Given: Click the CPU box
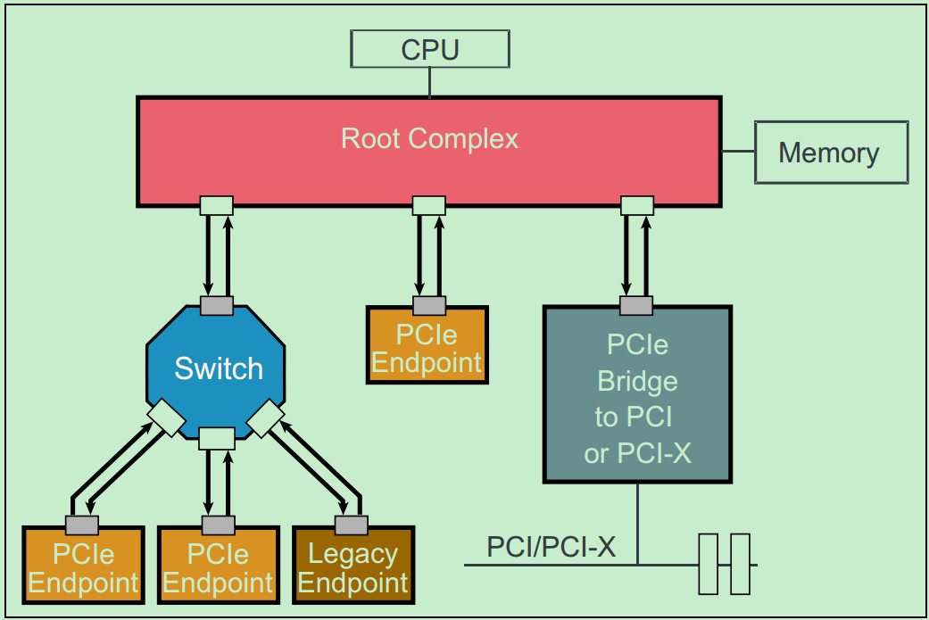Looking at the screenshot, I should [430, 49].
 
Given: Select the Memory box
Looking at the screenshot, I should [831, 153].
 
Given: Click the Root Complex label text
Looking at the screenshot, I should [429, 139].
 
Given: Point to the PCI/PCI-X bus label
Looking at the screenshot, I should [551, 547].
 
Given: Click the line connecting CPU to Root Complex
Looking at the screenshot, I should [430, 83].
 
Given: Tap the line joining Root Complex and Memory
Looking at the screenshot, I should [738, 152].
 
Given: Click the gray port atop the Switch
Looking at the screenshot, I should [217, 306].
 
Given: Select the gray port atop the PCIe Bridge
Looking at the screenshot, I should [636, 306].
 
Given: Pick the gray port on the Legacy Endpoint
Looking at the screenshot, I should [351, 525].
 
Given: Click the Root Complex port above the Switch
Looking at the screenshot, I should [216, 205].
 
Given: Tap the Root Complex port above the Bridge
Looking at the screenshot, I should [637, 205].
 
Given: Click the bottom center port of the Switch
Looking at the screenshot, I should [217, 438].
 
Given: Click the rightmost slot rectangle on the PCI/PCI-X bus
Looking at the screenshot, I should [741, 564].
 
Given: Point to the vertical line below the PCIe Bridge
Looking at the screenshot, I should [637, 524].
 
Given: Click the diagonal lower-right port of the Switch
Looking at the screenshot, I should [266, 418].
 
